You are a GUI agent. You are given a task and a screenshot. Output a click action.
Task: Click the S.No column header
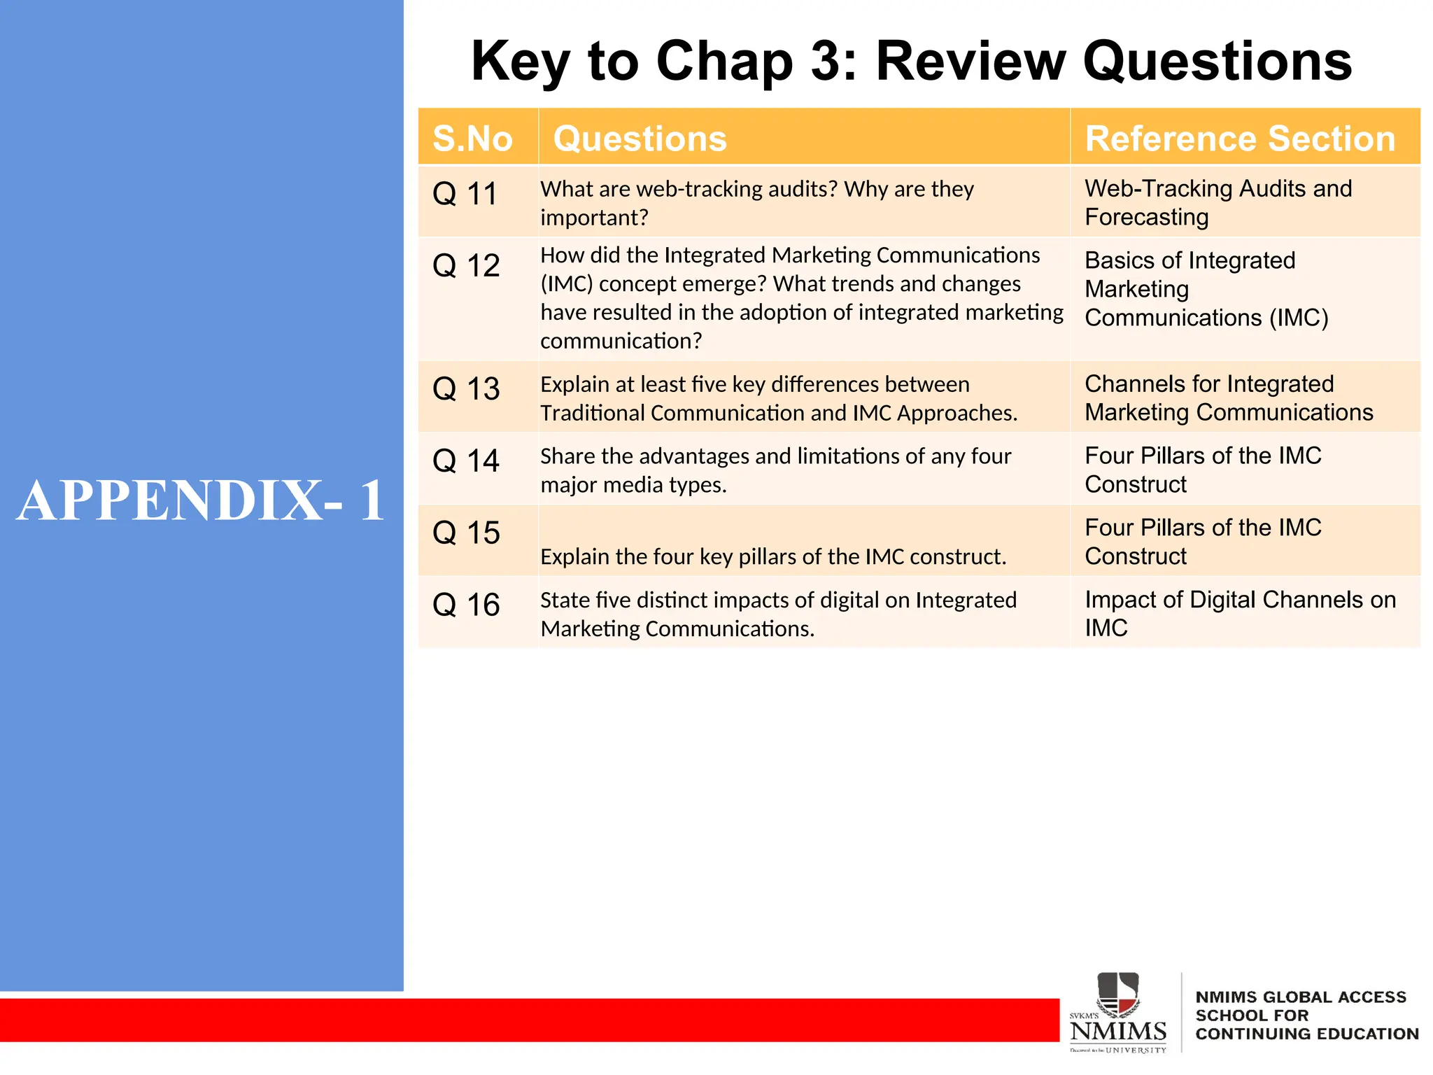click(x=472, y=139)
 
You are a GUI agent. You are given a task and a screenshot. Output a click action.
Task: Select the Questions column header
click(x=640, y=139)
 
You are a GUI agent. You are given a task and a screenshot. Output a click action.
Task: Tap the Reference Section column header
click(x=1240, y=139)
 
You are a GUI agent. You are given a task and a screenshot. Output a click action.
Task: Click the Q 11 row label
click(x=465, y=194)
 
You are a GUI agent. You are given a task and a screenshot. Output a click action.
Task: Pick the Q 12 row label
click(x=466, y=266)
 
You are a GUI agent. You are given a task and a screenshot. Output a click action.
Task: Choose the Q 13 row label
click(x=466, y=389)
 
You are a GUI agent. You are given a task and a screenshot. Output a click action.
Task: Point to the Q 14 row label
click(x=466, y=461)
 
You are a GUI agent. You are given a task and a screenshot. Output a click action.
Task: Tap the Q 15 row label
click(x=466, y=533)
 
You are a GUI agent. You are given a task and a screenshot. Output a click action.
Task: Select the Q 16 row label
click(x=466, y=605)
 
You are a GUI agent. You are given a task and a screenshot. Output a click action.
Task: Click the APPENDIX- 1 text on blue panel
click(x=201, y=500)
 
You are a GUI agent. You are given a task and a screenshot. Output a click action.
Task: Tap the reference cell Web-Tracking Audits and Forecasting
click(x=1217, y=202)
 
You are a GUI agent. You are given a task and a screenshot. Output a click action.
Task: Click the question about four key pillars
click(x=773, y=557)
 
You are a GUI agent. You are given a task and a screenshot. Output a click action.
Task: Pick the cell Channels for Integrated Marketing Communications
click(x=1228, y=398)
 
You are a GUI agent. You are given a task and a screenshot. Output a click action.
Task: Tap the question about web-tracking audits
click(x=757, y=203)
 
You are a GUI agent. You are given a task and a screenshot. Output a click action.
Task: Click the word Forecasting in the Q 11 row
click(x=1147, y=218)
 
